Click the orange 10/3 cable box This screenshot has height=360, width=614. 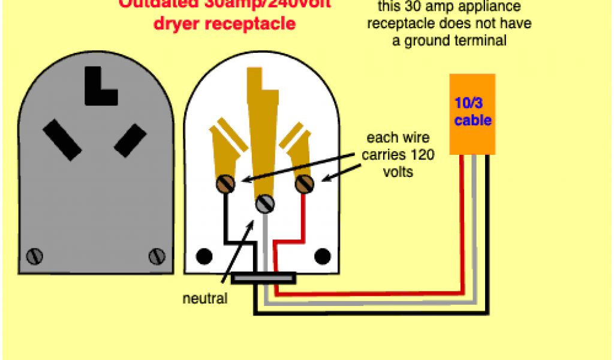472,114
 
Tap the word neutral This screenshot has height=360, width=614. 206,298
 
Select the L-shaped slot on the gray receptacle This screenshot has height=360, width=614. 100,86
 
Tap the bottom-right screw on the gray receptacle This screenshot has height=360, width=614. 156,256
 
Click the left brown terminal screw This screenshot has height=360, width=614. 228,184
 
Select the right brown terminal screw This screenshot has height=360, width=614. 304,182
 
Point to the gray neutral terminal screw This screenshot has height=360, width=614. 264,204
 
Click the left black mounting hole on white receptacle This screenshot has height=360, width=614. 205,256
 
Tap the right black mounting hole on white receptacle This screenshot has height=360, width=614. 324,256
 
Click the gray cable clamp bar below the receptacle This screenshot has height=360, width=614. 264,278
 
